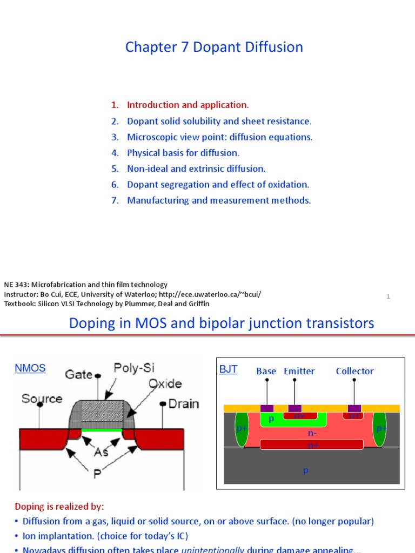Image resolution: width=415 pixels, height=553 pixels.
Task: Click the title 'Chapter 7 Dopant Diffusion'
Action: tap(214, 48)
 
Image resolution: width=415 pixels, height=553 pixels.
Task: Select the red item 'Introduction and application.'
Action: tap(188, 105)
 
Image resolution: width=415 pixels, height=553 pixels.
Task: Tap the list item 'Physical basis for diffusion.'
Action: tap(183, 153)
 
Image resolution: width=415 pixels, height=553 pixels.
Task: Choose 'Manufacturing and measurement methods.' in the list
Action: tap(219, 200)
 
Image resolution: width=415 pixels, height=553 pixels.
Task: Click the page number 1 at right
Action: tap(388, 296)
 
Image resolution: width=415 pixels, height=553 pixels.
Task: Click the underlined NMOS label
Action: tap(30, 368)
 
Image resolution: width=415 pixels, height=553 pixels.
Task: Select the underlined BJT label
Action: tap(228, 370)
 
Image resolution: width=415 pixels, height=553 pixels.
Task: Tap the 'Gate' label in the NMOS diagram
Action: tap(78, 374)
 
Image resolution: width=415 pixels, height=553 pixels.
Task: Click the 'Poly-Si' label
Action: tap(134, 368)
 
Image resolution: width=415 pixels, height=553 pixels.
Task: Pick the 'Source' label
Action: tap(42, 399)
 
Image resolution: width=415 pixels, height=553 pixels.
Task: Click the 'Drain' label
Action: tap(183, 403)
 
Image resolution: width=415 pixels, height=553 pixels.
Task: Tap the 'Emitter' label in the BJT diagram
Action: tap(299, 371)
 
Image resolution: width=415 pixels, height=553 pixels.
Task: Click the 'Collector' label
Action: tap(354, 371)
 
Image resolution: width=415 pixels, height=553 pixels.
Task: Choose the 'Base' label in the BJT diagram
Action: tap(266, 371)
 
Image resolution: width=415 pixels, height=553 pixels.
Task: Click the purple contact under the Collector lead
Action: tap(354, 408)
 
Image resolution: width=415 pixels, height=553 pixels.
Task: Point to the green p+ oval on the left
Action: tap(241, 429)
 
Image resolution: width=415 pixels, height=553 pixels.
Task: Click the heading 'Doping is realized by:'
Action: tap(59, 507)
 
